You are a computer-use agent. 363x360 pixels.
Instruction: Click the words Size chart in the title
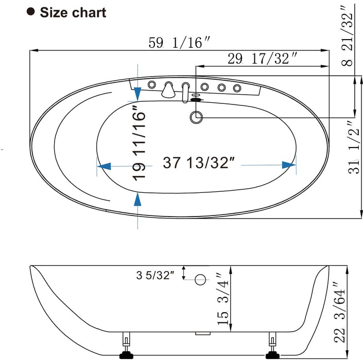point(73,12)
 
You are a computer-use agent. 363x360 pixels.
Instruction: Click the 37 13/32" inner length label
point(199,164)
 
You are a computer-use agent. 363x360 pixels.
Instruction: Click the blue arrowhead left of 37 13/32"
point(104,166)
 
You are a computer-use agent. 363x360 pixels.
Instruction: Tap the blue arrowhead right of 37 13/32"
point(289,165)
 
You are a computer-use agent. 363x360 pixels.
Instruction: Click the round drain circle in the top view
point(196,117)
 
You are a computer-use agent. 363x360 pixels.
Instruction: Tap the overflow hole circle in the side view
point(200,280)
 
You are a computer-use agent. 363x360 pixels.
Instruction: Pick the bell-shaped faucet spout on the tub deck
point(168,91)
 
